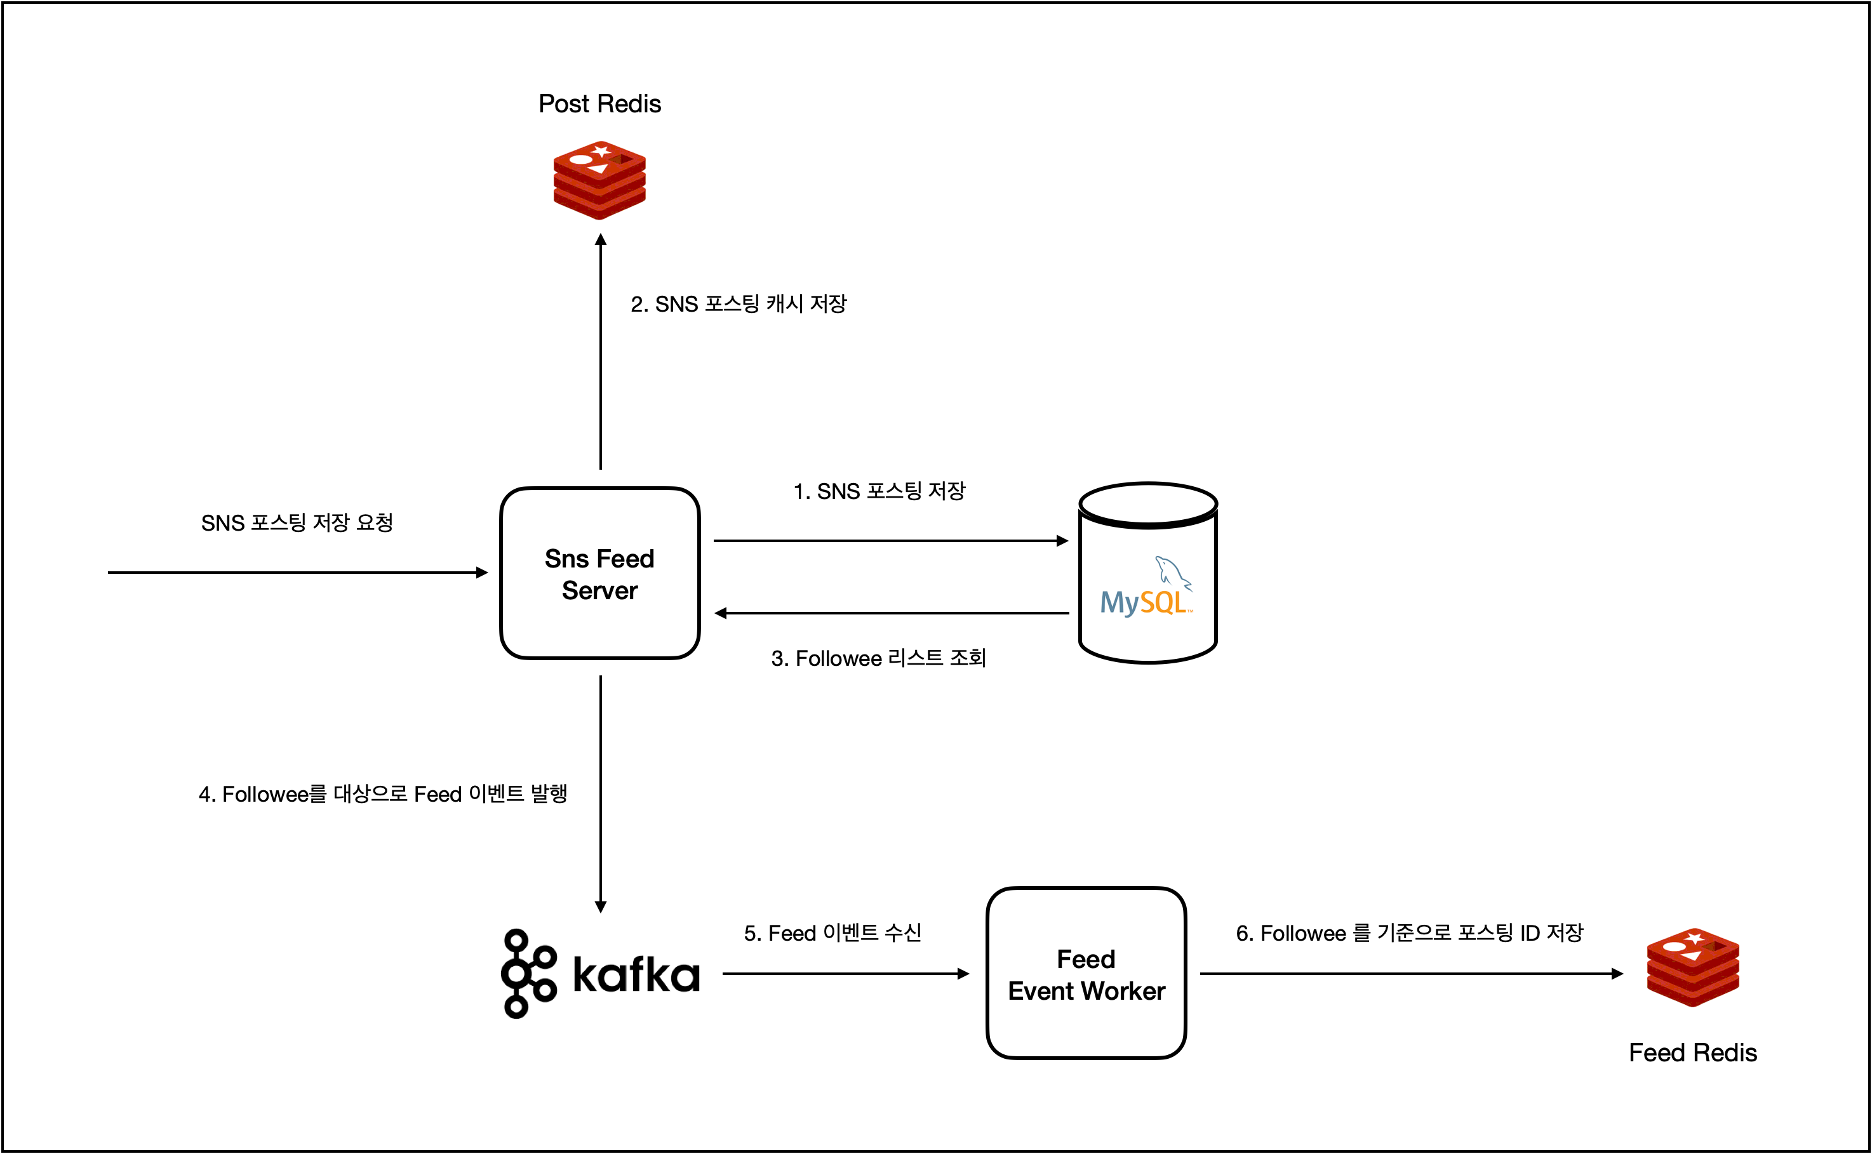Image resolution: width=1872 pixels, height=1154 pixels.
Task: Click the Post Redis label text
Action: [599, 104]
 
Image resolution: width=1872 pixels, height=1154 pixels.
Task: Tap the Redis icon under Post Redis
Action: [599, 180]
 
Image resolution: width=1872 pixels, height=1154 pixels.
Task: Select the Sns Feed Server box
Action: [599, 573]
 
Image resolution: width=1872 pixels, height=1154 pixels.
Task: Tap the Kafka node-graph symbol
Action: [527, 973]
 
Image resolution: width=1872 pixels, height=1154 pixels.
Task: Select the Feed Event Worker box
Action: [1086, 974]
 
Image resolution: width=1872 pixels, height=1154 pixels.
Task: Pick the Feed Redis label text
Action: [1692, 1052]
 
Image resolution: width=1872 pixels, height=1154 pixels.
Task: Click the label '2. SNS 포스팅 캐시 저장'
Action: [739, 304]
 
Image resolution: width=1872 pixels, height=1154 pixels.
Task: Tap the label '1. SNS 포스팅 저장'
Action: [879, 491]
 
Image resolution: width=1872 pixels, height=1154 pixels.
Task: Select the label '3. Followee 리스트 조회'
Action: [878, 658]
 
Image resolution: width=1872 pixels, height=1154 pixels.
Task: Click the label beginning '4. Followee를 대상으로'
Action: [382, 793]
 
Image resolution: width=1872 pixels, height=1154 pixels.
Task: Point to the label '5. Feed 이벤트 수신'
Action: [832, 932]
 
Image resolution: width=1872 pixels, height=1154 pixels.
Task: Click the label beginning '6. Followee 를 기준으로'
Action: [1409, 932]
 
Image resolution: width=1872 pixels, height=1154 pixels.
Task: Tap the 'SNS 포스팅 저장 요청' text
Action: [297, 523]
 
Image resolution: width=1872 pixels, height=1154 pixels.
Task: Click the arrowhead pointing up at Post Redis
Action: [601, 241]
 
